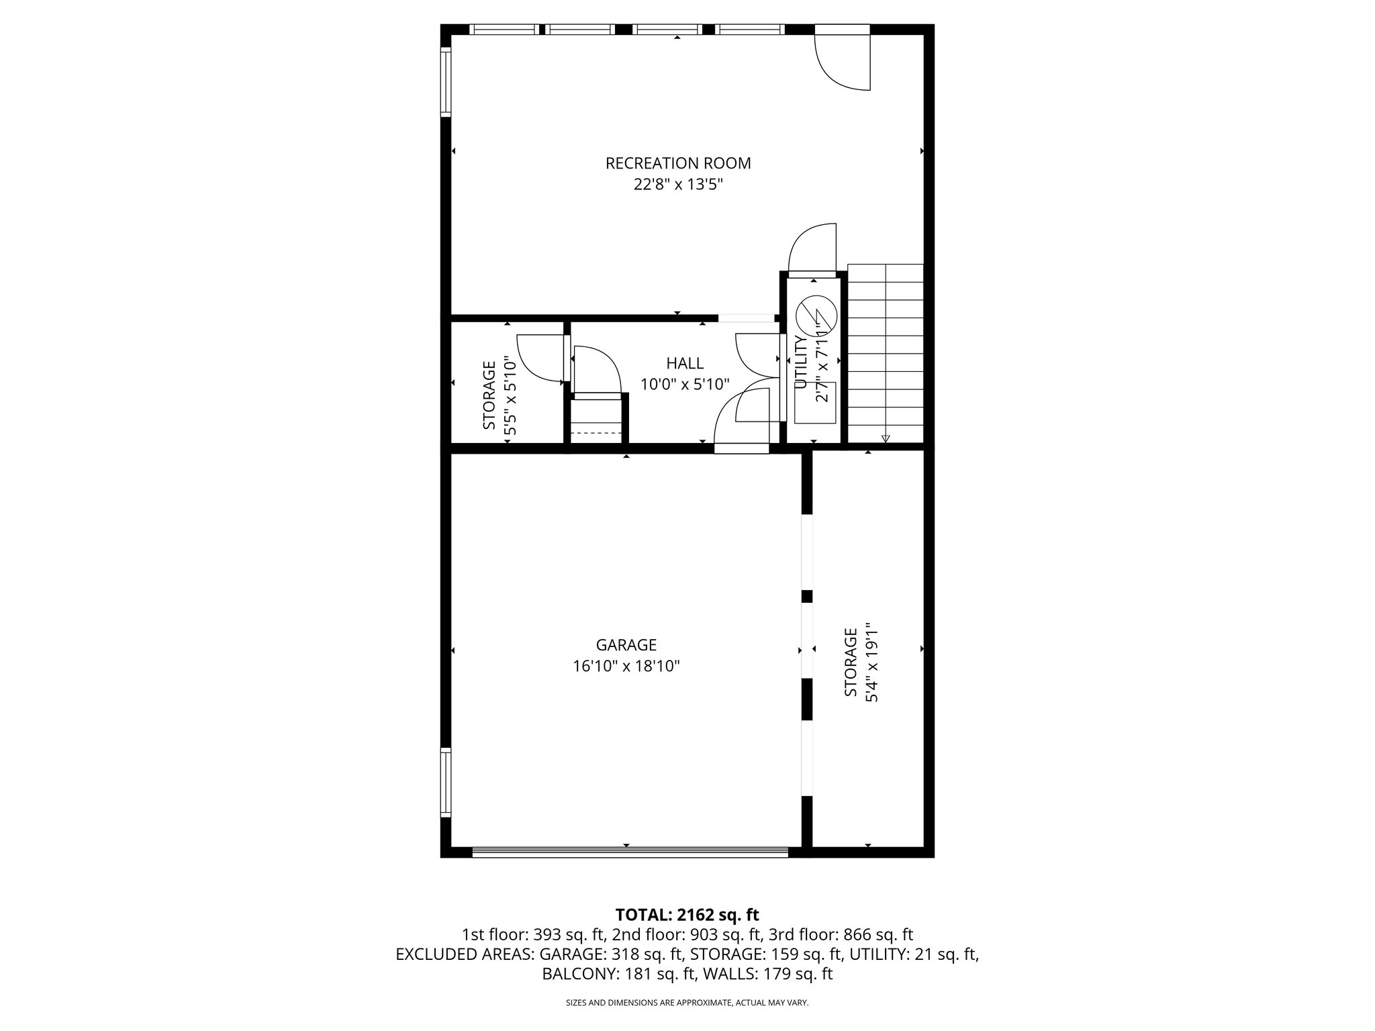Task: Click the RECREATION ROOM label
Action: pyautogui.click(x=678, y=163)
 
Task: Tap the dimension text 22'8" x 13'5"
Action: pyautogui.click(x=678, y=185)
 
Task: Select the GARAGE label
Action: pyautogui.click(x=626, y=645)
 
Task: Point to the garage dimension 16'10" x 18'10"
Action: pyautogui.click(x=626, y=667)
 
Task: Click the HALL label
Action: pyautogui.click(x=685, y=364)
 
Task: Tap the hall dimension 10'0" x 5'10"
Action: pyautogui.click(x=685, y=385)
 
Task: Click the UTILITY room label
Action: pyautogui.click(x=800, y=363)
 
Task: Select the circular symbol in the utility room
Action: pyautogui.click(x=816, y=313)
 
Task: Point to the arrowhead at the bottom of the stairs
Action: pyautogui.click(x=885, y=438)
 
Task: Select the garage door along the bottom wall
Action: pyautogui.click(x=630, y=852)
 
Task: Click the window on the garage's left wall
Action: pyautogui.click(x=446, y=782)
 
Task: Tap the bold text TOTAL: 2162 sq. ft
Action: pyautogui.click(x=687, y=914)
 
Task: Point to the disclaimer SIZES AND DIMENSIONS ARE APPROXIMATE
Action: pyautogui.click(x=687, y=1003)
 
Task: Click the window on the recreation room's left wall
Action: pyautogui.click(x=446, y=82)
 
